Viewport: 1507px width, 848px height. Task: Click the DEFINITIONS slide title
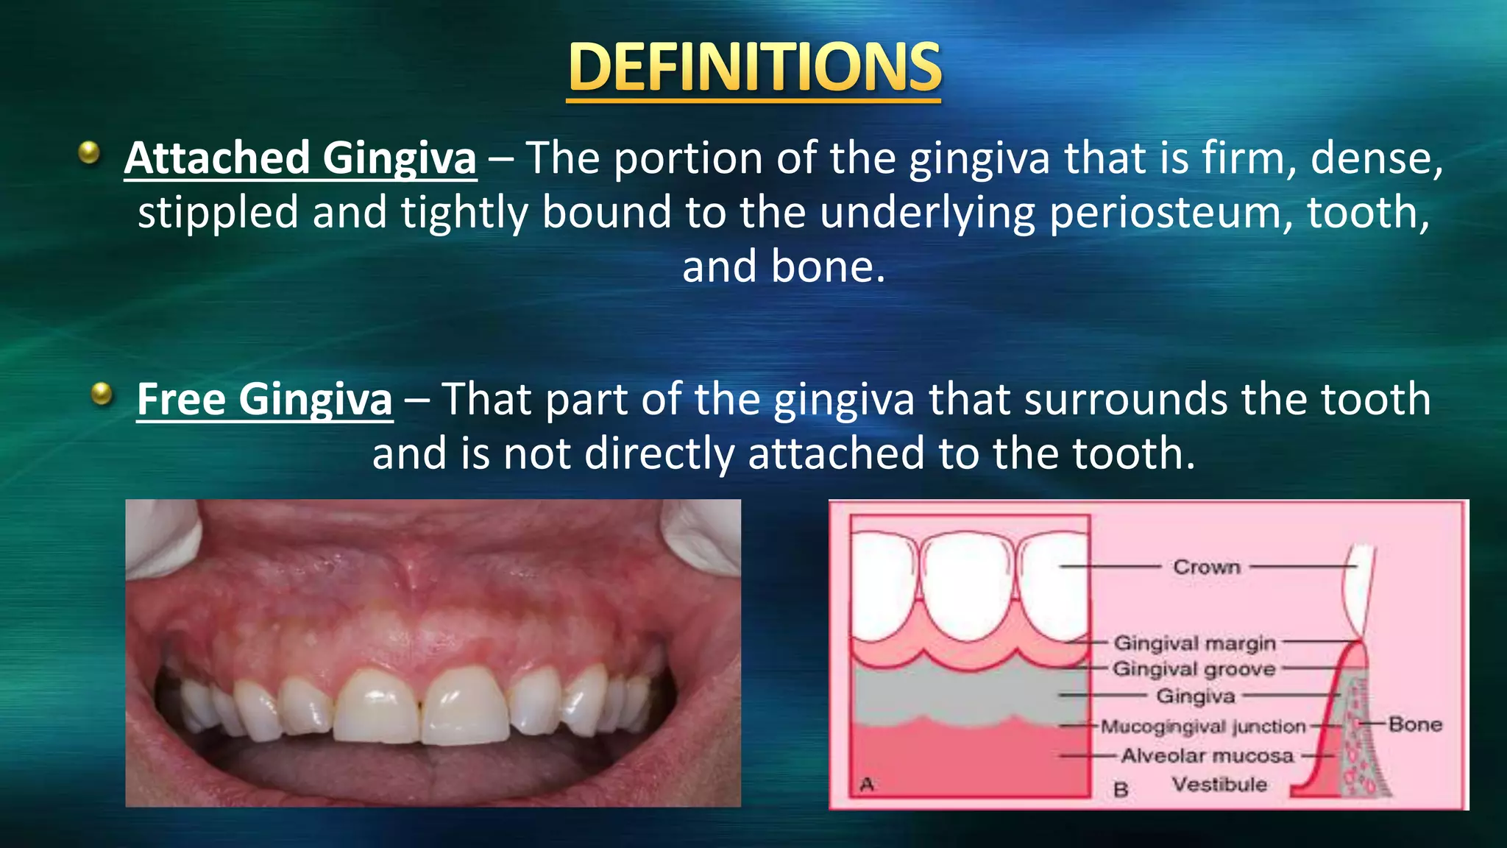click(754, 68)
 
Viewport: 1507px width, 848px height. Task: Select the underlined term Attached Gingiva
click(300, 158)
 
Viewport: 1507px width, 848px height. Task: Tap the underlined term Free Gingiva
click(264, 400)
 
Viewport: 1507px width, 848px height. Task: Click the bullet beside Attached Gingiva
click(89, 152)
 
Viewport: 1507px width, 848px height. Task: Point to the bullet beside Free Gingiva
click(102, 394)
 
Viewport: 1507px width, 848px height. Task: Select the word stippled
click(218, 213)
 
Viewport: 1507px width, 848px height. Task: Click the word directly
click(659, 453)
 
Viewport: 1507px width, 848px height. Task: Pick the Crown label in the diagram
click(1207, 567)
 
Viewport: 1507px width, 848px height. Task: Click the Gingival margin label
click(1194, 643)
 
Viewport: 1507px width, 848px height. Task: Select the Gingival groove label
click(1194, 669)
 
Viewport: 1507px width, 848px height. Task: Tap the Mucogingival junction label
click(1203, 727)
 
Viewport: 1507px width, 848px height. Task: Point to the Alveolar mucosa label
click(1207, 755)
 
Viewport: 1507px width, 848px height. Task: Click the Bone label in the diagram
click(1415, 724)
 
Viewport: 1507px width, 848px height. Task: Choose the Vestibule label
click(1219, 784)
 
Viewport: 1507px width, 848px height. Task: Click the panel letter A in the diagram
click(867, 785)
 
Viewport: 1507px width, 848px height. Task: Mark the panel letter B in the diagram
click(1121, 790)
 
